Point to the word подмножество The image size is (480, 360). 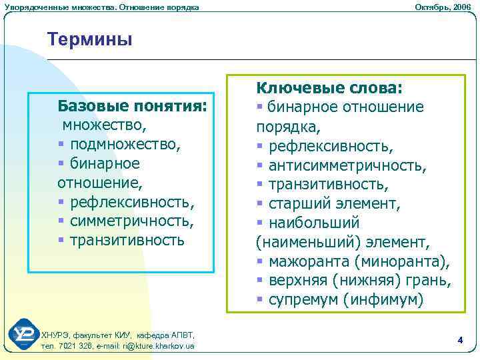pos(125,144)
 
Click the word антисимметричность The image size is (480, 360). pos(347,165)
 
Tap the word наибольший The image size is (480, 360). pos(314,223)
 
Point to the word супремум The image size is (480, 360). pos(304,300)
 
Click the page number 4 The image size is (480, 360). pos(460,340)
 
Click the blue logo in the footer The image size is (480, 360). pos(23,334)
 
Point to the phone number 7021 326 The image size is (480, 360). pos(71,346)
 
